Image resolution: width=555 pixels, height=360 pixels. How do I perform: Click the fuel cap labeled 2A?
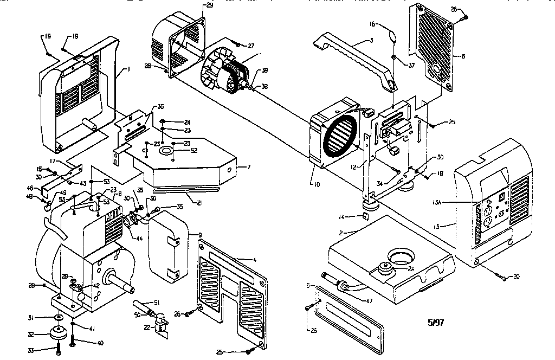[386, 267]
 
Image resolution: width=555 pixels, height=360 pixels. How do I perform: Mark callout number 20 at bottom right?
[516, 277]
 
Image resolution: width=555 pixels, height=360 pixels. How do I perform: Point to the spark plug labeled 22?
[160, 324]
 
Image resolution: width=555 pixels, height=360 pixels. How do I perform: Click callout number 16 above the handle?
[373, 24]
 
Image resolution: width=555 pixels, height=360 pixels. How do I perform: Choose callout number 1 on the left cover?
[129, 69]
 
